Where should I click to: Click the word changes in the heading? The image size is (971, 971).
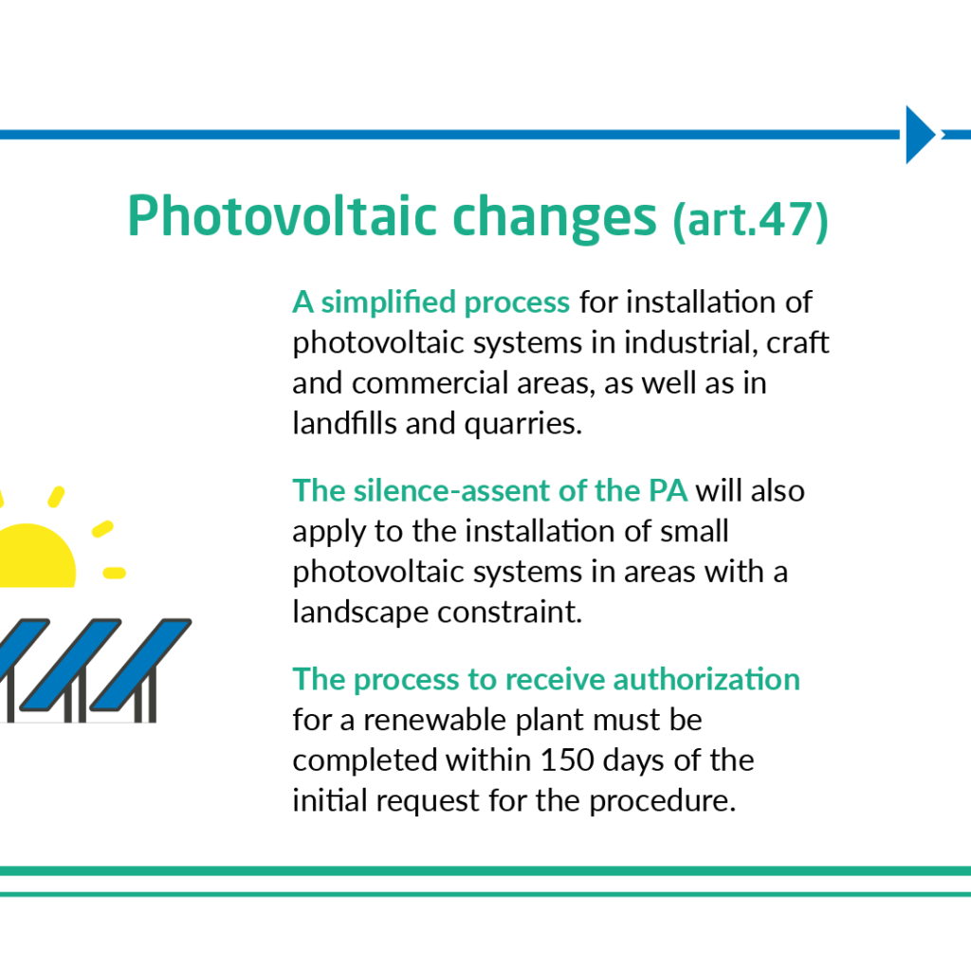click(x=554, y=219)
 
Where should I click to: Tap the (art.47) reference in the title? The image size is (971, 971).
click(x=751, y=220)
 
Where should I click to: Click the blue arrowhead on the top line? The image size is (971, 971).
click(x=921, y=135)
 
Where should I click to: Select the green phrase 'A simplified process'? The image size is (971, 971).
click(x=431, y=302)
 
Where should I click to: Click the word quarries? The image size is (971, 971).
click(x=523, y=425)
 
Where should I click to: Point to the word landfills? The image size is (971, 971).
click(x=344, y=423)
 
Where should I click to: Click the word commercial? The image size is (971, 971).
click(x=431, y=383)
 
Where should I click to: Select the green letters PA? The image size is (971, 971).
click(x=668, y=490)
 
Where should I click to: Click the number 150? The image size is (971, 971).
click(x=567, y=760)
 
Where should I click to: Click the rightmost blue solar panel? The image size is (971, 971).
click(x=140, y=664)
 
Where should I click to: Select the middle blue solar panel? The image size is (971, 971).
click(x=70, y=664)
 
